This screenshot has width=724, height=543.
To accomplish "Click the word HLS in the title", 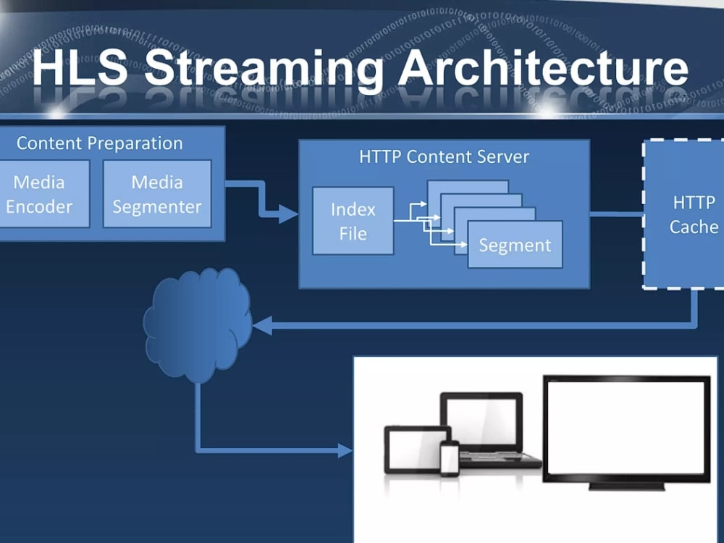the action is [80, 67].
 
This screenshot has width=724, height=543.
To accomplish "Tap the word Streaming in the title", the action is [264, 72].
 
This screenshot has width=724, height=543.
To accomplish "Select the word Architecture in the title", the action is [544, 67].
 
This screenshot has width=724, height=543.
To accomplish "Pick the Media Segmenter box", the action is [157, 194].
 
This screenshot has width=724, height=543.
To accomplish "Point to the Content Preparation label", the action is [100, 143].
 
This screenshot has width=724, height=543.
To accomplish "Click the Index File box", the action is [353, 221].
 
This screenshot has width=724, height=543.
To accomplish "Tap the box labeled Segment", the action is [515, 245].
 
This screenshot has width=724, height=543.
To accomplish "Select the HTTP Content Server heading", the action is [445, 157].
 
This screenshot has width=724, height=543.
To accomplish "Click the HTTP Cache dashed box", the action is [684, 214].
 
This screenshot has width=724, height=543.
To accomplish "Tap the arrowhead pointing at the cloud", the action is [262, 326].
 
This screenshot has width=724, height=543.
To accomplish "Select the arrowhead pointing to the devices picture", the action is [345, 450].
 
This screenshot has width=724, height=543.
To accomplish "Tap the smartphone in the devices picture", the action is [450, 458].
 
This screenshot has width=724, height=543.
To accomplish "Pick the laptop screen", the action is [481, 419].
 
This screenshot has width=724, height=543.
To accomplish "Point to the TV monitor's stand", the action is [626, 487].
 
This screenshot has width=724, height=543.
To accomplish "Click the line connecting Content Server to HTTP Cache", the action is [616, 214].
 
